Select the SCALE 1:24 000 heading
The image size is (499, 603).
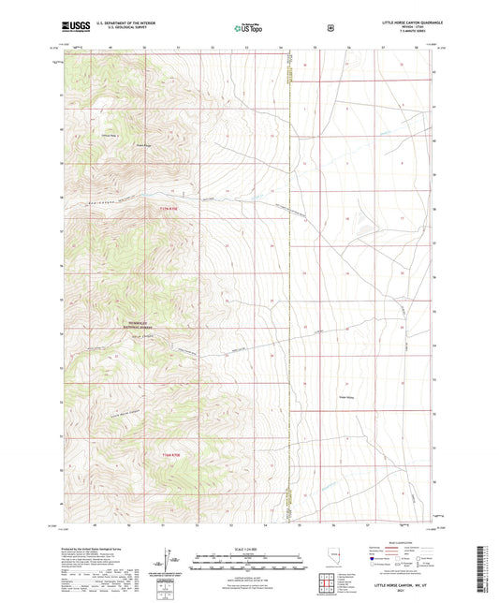click(248, 548)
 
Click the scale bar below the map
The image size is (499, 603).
click(248, 562)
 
